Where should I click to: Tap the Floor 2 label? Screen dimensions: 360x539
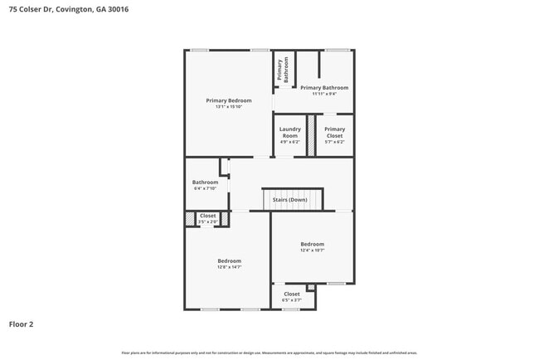tap(21, 324)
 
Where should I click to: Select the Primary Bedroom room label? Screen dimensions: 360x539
tap(228, 100)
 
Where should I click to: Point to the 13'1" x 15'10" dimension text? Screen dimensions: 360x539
tap(228, 107)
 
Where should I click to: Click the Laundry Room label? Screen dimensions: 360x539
tap(289, 132)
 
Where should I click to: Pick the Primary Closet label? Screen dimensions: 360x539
tap(334, 132)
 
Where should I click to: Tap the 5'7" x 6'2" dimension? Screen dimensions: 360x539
tap(334, 142)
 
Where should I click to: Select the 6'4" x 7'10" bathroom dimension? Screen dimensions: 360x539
tap(205, 189)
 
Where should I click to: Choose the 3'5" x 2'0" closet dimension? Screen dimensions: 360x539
tap(207, 222)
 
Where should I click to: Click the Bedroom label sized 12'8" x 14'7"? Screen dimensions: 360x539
tap(229, 260)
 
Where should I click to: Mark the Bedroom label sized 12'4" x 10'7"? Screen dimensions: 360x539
tap(312, 244)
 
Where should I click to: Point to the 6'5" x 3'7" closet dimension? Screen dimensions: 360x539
tap(292, 300)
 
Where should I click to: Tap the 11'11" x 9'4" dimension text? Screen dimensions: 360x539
tap(324, 94)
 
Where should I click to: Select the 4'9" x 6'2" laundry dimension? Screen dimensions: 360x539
tap(289, 142)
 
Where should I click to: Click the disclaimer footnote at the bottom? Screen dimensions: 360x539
tap(269, 353)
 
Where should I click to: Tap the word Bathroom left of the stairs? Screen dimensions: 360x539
tap(205, 182)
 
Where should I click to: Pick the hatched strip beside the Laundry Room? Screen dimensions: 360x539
tap(311, 135)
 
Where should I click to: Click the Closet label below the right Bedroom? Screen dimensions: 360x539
tap(292, 294)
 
